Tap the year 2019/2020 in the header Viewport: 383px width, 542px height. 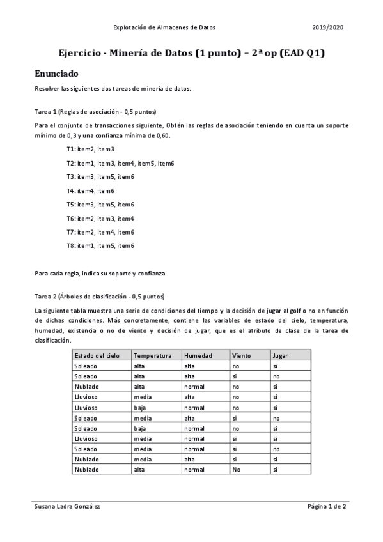[328, 27]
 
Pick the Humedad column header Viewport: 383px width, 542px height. [198, 355]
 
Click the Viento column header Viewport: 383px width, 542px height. [242, 355]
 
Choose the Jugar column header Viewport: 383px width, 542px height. [279, 355]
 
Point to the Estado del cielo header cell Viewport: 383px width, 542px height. [97, 355]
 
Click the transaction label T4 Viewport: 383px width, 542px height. [70, 190]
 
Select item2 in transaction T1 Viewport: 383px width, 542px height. [85, 149]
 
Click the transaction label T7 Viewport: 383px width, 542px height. [70, 232]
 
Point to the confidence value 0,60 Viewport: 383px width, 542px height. [163, 135]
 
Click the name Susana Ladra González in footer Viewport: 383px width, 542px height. [67, 506]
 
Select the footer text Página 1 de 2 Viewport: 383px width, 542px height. [326, 506]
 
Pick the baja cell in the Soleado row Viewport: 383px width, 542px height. [140, 428]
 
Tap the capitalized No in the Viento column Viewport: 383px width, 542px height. [237, 469]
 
